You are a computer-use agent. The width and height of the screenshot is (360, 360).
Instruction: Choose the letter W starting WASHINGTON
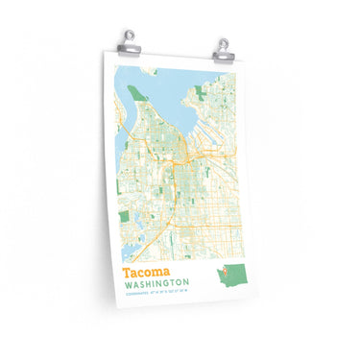coord(128,286)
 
